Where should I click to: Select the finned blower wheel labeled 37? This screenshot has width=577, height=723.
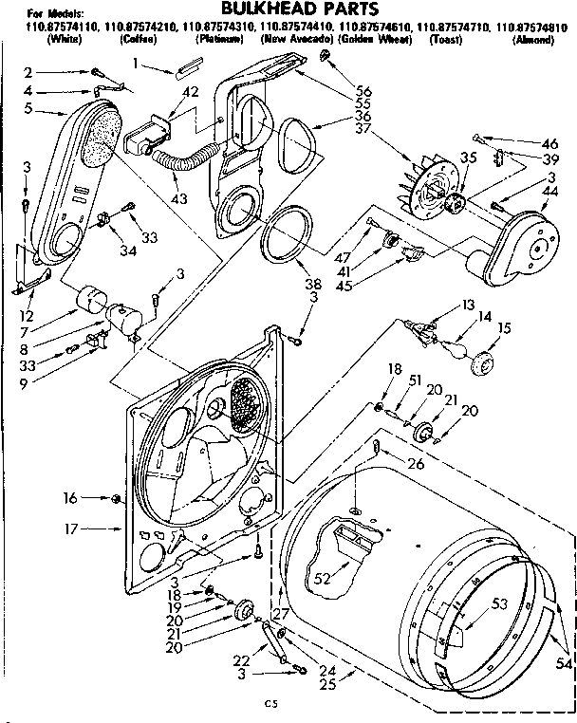(427, 195)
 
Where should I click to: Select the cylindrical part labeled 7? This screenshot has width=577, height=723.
(92, 300)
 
